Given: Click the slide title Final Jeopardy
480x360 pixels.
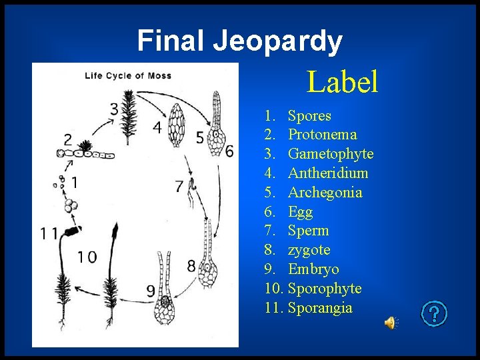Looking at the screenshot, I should pos(239,41).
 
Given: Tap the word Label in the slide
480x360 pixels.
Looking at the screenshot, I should pos(342,82).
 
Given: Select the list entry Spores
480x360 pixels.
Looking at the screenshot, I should pos(309,116).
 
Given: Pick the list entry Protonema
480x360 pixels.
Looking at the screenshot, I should pos(322,135).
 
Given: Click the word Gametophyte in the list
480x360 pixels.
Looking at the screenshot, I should pos(330,155).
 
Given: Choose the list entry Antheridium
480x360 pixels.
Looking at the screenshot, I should pos(328,173).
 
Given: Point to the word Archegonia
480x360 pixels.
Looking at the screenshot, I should pos(325,193).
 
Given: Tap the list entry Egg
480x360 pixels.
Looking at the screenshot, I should pos(300,212).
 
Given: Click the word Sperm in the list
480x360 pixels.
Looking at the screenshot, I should pos(308,231).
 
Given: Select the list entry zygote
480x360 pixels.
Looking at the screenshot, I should pos(309,250).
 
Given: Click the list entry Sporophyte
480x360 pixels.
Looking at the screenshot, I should pos(325,289).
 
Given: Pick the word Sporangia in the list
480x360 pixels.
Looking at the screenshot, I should pos(320,308).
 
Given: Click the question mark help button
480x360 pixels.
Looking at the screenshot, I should pos(435,313).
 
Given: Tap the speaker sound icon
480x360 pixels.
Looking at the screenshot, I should pos(389,323).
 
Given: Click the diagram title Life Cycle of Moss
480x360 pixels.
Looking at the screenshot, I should pos(128,75).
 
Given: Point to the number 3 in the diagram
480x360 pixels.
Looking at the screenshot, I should pos(114,109).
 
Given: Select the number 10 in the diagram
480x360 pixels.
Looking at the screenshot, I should pos(87,257).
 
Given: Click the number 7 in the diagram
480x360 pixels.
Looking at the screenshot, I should pos(179,187).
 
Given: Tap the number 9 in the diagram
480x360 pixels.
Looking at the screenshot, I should pos(151,291).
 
